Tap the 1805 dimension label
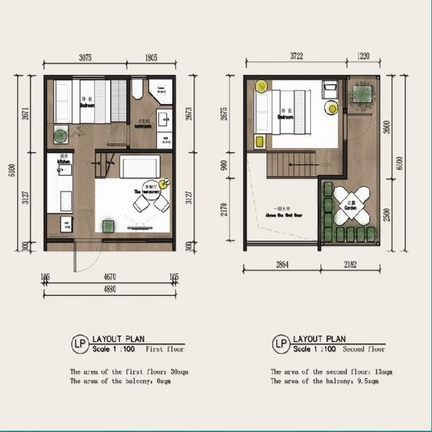(151, 58)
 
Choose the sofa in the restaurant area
(135, 166)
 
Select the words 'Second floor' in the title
(365, 349)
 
